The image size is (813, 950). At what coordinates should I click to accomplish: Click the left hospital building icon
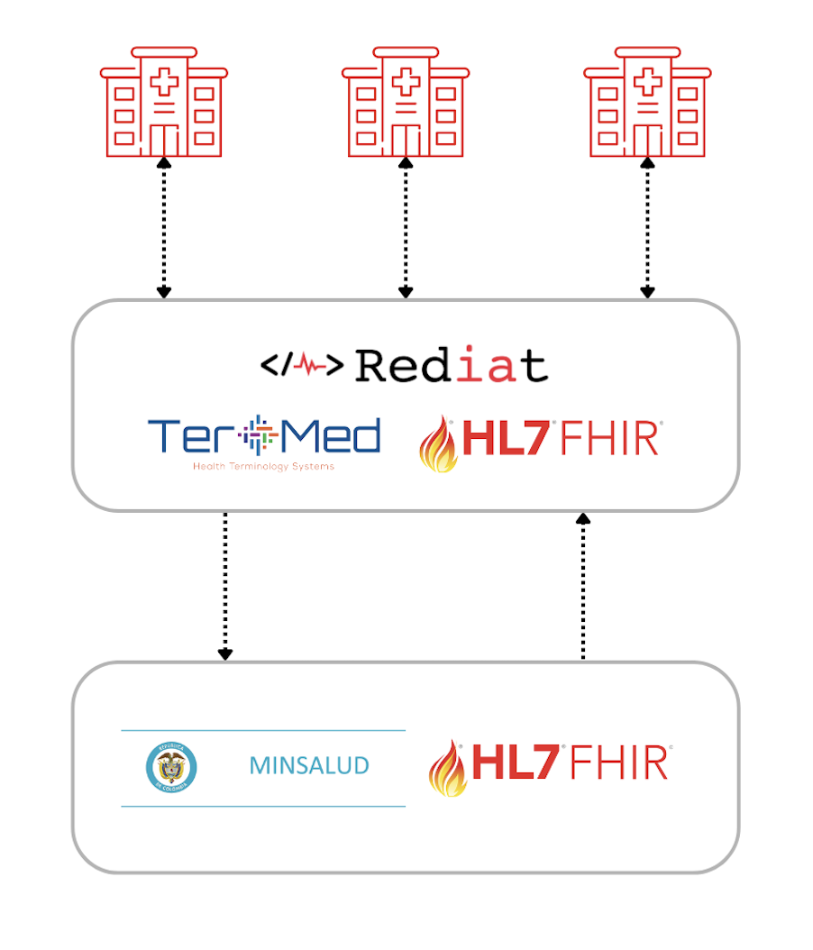point(162,101)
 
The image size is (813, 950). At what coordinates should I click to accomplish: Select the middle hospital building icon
point(405,101)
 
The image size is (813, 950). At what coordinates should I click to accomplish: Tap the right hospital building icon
point(647,101)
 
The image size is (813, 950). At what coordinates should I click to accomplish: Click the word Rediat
point(452,365)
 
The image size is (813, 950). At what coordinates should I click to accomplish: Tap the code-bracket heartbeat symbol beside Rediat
point(302,365)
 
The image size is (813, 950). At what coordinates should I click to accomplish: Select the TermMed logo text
point(264,436)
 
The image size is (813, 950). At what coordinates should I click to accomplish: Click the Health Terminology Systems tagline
point(264,467)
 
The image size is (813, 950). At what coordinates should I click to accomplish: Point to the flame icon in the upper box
point(439,443)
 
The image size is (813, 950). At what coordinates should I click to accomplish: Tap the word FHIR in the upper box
point(611,439)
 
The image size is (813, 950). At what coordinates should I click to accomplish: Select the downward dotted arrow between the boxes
point(225,586)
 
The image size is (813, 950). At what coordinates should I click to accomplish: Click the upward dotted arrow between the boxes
point(583,586)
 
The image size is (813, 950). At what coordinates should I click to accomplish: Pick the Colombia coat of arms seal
point(171,768)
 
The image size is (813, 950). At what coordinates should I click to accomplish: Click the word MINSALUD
point(309,767)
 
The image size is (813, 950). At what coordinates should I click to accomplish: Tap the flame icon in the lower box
point(449,768)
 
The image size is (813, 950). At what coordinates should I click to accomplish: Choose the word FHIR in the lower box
point(620,763)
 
